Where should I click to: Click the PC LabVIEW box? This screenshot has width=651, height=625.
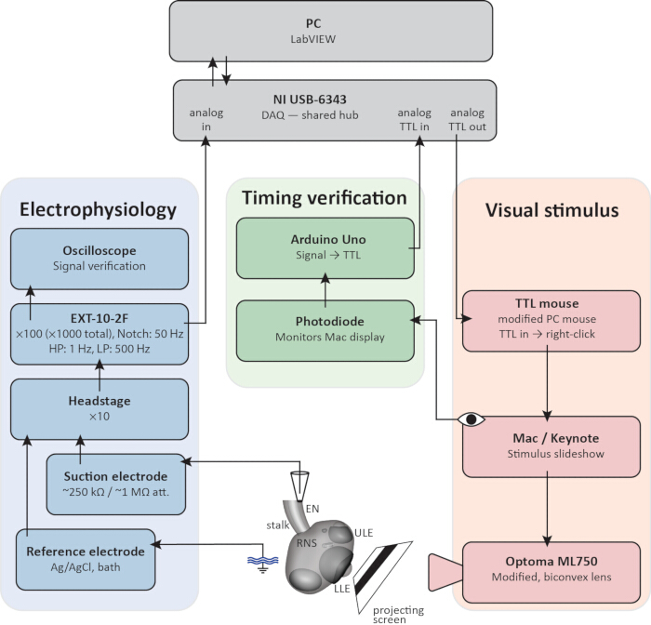click(x=331, y=31)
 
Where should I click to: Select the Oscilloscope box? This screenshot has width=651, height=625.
click(x=100, y=259)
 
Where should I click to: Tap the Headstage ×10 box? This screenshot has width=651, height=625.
click(x=100, y=409)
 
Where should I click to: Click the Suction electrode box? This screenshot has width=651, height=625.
click(x=116, y=485)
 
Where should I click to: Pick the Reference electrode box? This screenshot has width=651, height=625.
click(x=86, y=559)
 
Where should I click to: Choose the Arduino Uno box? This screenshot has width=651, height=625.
click(x=325, y=248)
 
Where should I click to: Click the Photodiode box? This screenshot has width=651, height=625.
click(x=325, y=331)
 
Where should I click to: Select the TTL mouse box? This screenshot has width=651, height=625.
click(x=551, y=321)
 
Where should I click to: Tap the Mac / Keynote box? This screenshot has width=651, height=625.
click(x=551, y=446)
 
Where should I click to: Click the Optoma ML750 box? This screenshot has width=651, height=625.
click(x=551, y=573)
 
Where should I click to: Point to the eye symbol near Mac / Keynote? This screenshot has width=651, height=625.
click(x=471, y=419)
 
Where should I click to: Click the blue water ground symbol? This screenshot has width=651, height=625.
click(x=262, y=564)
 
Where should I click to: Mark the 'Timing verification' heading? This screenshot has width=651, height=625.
click(x=325, y=198)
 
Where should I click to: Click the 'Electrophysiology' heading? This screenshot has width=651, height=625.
click(x=98, y=209)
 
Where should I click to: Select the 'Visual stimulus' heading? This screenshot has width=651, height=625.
click(x=551, y=210)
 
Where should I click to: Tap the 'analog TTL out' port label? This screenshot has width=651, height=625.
click(x=467, y=120)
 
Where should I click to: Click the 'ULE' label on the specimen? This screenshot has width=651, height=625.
click(x=364, y=533)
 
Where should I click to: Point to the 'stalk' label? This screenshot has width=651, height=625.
click(x=278, y=525)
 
